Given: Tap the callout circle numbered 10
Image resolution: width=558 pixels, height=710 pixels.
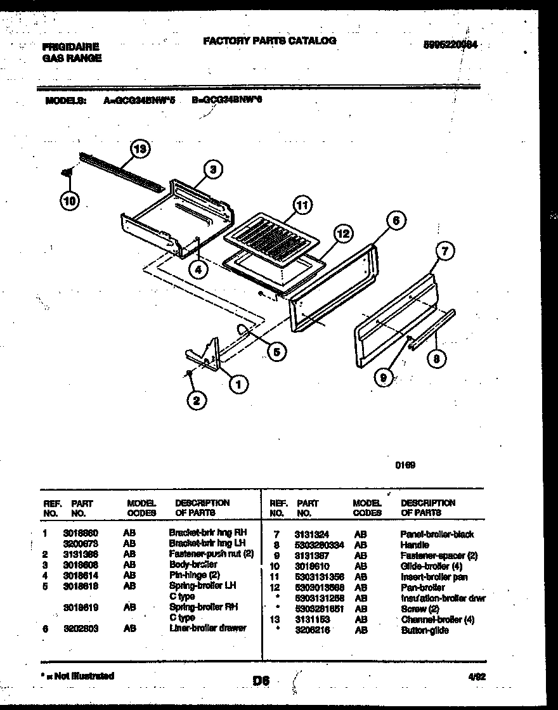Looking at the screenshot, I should [x=70, y=201].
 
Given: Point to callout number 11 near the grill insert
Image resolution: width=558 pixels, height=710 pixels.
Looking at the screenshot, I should [x=303, y=205].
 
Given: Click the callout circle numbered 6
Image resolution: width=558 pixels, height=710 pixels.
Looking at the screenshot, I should [x=396, y=221].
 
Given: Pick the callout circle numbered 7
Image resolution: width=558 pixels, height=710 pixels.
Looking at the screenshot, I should [x=445, y=252].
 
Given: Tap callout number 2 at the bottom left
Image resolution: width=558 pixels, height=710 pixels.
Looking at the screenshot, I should [x=196, y=400].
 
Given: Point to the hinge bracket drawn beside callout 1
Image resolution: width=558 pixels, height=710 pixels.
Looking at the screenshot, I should [x=206, y=355].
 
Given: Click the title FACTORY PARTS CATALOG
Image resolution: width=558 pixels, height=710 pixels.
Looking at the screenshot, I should [x=269, y=41].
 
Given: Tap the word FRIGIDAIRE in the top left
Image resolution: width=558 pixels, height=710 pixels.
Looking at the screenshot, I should [x=70, y=47].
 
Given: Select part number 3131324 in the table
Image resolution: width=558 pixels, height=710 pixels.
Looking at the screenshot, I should [x=311, y=535].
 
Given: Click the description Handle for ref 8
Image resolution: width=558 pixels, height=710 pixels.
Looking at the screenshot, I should [x=414, y=545].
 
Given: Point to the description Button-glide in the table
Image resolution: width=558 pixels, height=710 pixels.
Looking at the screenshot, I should [x=424, y=631].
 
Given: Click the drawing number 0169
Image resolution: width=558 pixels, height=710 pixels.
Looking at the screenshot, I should [x=405, y=465].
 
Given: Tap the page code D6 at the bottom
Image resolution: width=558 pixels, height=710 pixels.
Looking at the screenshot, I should [x=261, y=681].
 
